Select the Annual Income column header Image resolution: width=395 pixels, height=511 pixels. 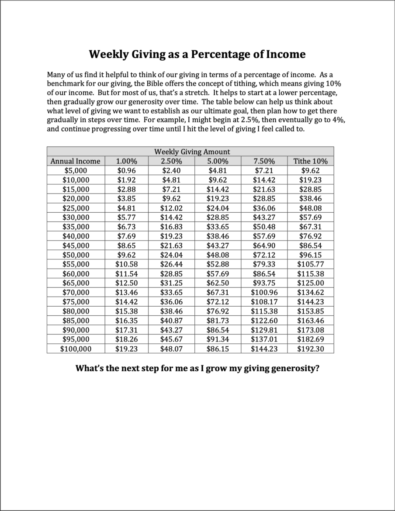[x=76, y=161]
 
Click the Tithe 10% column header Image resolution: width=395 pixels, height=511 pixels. [x=310, y=161]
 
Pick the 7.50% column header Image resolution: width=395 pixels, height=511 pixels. [x=264, y=161]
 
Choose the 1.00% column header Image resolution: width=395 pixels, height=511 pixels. [x=126, y=161]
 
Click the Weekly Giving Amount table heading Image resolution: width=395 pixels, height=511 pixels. [x=192, y=152]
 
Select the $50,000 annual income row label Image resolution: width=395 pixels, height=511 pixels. [x=76, y=255]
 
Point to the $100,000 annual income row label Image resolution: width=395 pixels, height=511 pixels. [x=76, y=349]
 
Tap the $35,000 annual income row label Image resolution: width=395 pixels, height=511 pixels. [x=76, y=227]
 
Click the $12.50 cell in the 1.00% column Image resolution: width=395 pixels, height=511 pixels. [x=126, y=283]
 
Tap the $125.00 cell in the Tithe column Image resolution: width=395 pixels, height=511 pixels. [x=310, y=283]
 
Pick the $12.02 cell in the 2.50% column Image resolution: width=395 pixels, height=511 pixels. [x=171, y=208]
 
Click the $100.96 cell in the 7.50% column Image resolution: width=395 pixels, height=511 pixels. [x=264, y=293]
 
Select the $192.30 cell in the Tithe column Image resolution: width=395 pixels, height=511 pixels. [x=310, y=349]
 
